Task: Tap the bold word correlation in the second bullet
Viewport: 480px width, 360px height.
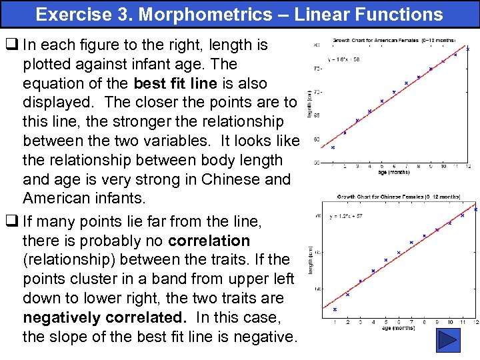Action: click(209, 240)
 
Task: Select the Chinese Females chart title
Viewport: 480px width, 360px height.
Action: click(399, 197)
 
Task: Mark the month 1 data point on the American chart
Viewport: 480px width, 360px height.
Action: click(333, 147)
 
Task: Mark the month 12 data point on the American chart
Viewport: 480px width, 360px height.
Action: click(468, 49)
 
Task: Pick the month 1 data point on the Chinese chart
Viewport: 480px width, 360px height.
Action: click(335, 309)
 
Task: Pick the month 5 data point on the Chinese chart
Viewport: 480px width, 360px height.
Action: click(386, 259)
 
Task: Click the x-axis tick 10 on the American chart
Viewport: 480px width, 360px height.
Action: click(443, 166)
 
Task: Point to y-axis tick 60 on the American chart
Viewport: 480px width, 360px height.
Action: click(315, 139)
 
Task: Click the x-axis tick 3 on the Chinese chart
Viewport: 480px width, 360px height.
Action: click(361, 322)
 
